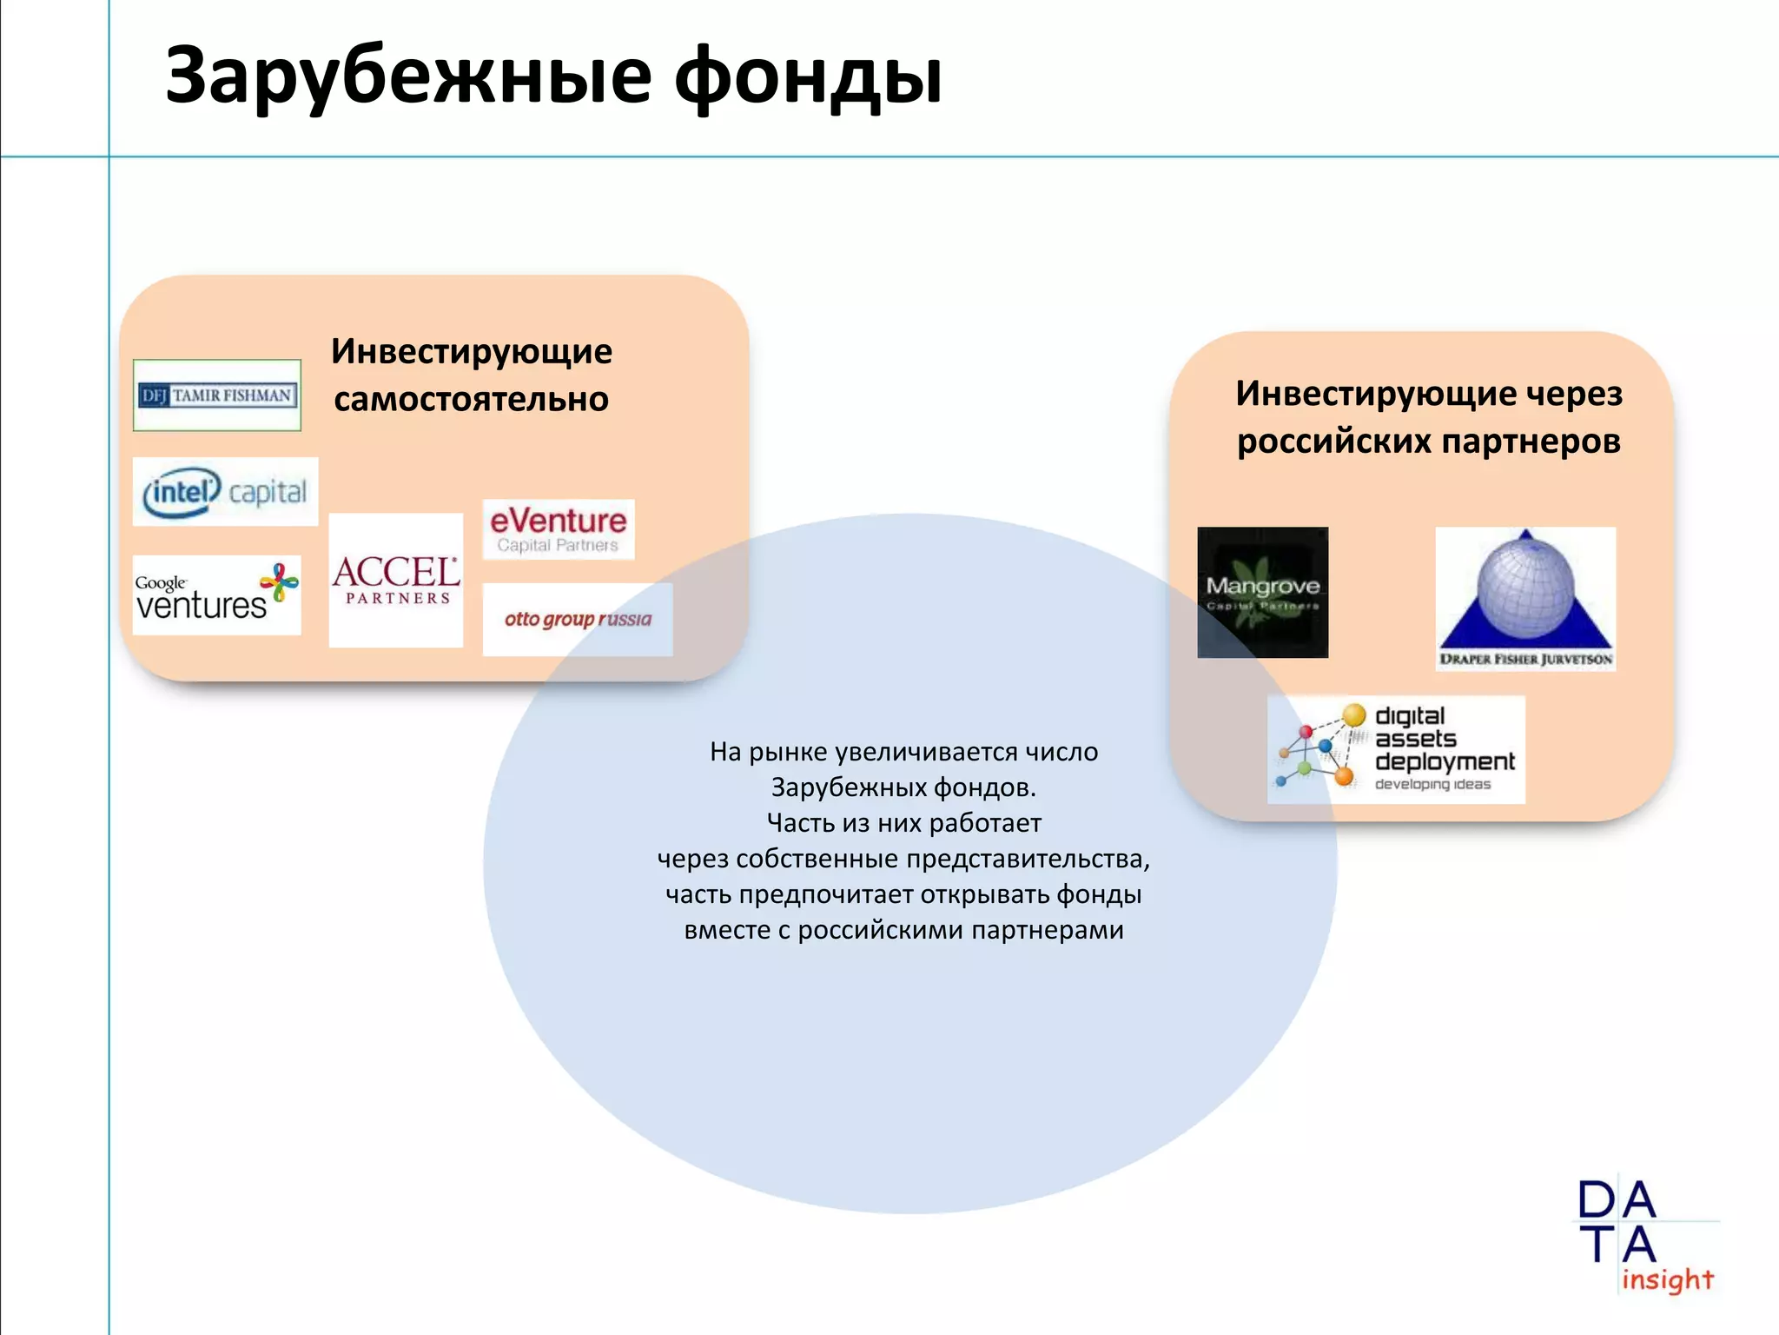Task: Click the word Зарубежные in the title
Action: coord(408,76)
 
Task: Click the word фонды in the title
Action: coord(808,76)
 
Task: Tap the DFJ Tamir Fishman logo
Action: coord(217,395)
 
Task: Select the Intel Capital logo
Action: coord(225,492)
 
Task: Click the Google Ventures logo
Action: coord(216,595)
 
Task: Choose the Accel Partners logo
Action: coord(396,580)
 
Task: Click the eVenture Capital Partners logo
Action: coord(559,529)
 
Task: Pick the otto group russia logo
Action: coord(578,619)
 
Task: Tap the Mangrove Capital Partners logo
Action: coord(1262,592)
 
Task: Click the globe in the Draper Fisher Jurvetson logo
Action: coord(1525,584)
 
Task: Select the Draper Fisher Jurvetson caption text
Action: coord(1525,659)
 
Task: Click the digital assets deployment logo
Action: coord(1396,749)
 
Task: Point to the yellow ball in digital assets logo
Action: coord(1353,715)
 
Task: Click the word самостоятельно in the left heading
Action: coord(471,400)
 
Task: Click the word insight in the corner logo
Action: coord(1667,1279)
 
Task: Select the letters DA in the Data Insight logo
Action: coord(1617,1201)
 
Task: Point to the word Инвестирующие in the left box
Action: coord(471,351)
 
